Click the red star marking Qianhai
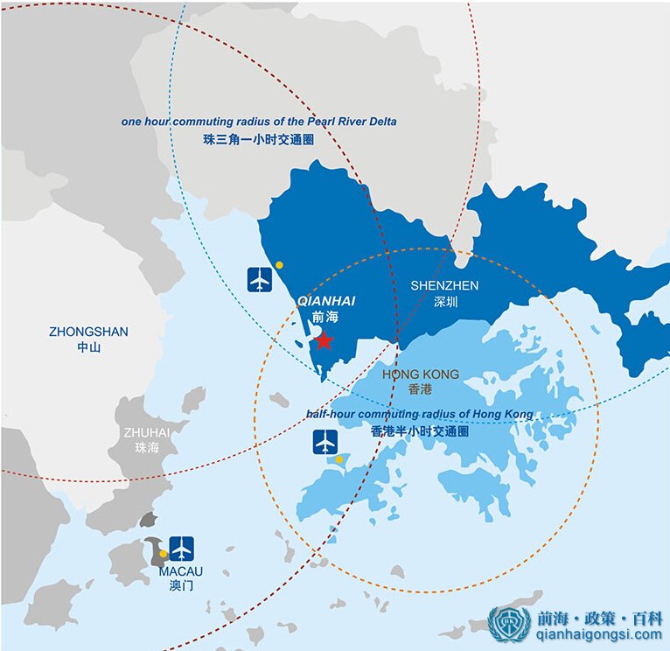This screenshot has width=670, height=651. click(324, 340)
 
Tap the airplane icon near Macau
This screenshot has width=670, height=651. click(182, 549)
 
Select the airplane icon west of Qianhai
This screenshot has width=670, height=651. click(261, 279)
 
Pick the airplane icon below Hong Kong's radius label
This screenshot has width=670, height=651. click(325, 442)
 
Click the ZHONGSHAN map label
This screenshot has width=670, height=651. click(88, 332)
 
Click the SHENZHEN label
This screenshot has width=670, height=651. click(444, 286)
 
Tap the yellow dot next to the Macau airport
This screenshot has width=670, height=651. click(163, 553)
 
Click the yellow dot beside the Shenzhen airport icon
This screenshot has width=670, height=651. click(279, 264)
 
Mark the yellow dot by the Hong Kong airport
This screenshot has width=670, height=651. click(339, 459)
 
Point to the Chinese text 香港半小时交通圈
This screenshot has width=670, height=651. click(420, 431)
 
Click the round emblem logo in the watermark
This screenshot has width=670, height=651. click(509, 625)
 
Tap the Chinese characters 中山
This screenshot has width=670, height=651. click(88, 347)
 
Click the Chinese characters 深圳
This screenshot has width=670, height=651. click(445, 302)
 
